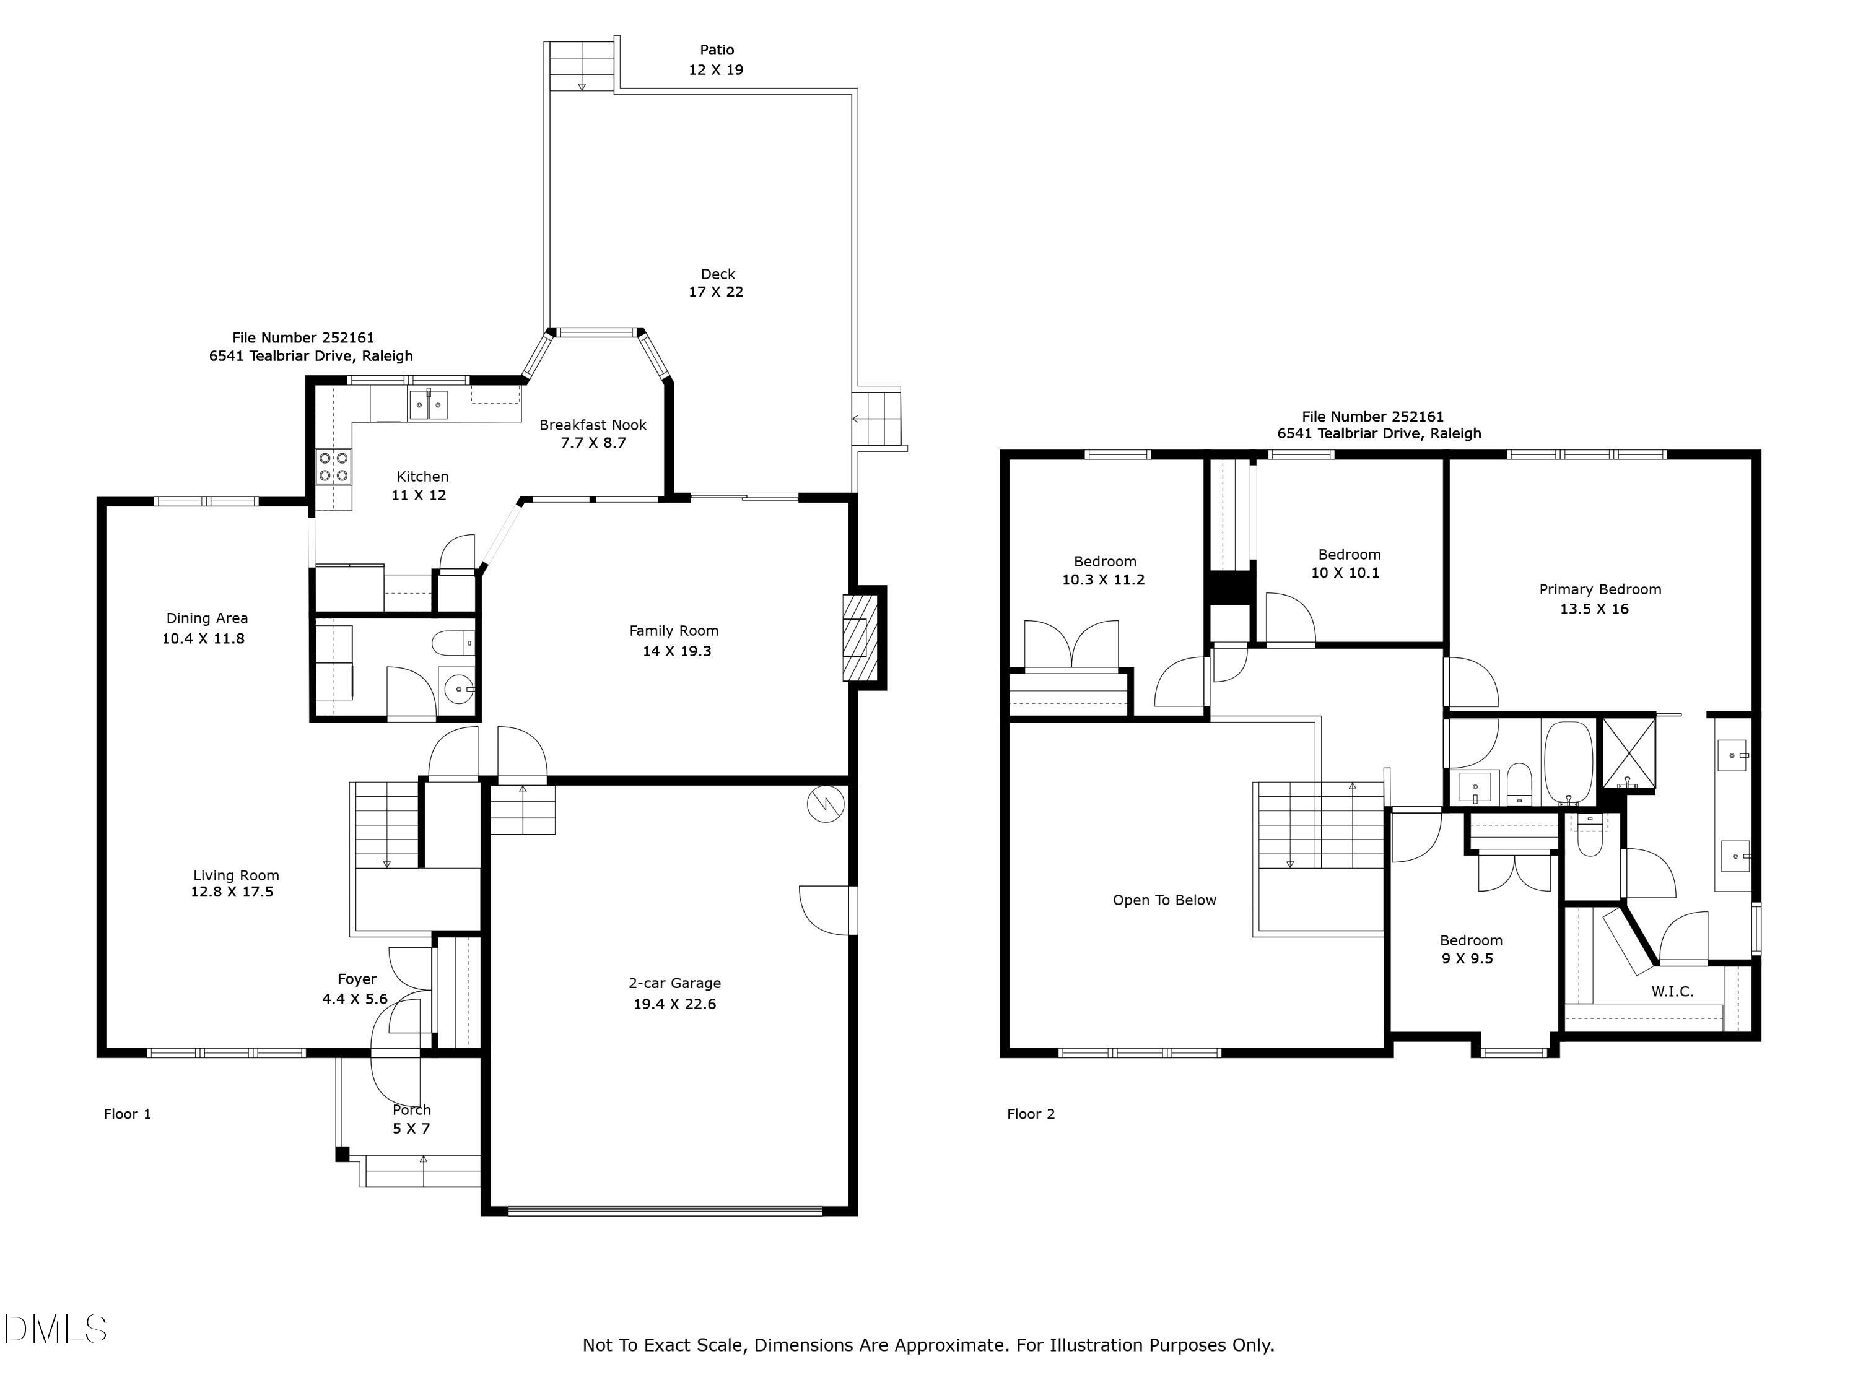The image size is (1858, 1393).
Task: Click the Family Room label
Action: click(674, 631)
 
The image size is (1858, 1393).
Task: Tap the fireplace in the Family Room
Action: click(858, 638)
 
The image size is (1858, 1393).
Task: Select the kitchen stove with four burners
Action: click(333, 466)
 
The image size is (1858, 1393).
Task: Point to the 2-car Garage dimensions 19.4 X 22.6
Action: click(674, 1004)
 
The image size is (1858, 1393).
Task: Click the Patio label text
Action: click(717, 50)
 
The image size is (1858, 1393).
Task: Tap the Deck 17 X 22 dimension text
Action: click(716, 292)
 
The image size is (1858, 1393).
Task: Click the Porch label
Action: click(412, 1110)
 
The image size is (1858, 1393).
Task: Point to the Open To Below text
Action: click(1164, 900)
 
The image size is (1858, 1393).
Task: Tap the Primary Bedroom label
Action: click(1599, 589)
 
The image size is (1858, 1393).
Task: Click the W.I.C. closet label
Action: click(1672, 992)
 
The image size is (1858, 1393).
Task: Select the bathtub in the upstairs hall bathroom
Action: click(1568, 761)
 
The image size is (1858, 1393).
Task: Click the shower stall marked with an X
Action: click(1629, 753)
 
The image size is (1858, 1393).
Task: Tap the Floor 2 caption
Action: click(1031, 1114)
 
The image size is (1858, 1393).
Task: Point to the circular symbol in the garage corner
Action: click(826, 804)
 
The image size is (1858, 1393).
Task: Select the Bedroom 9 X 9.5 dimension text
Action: click(1467, 959)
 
